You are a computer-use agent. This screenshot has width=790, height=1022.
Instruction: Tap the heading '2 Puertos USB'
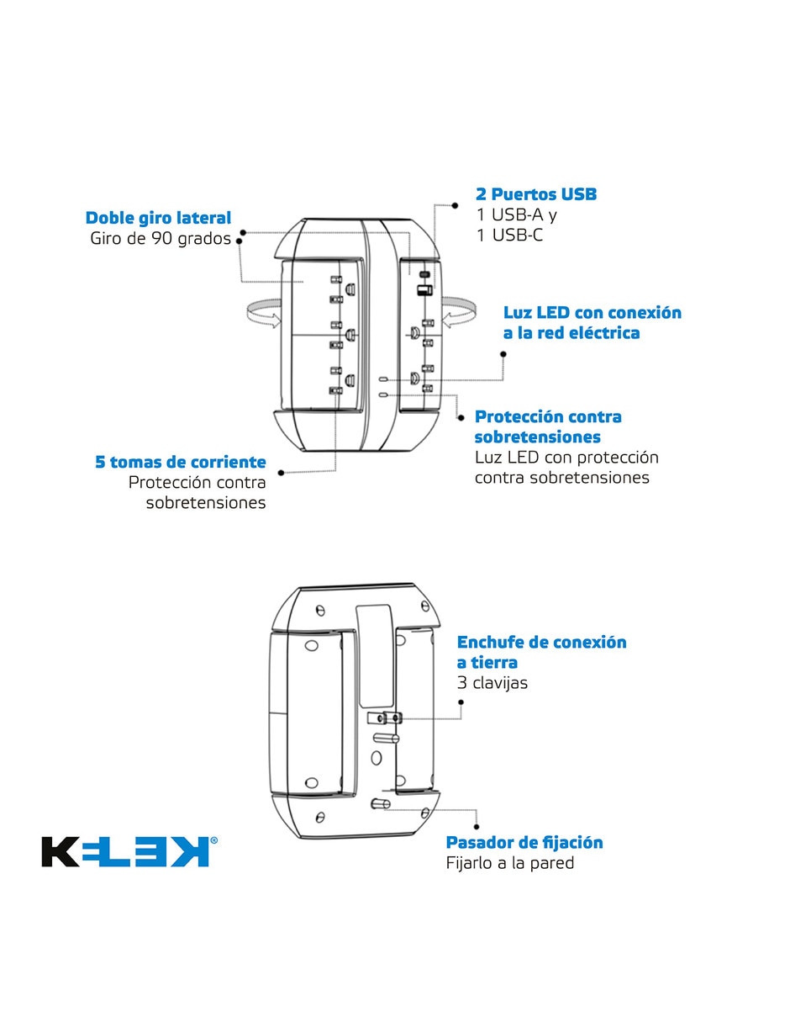(x=536, y=194)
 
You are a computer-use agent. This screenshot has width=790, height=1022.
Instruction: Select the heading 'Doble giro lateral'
(x=158, y=218)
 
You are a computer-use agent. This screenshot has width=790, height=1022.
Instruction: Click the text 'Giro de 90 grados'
(x=161, y=238)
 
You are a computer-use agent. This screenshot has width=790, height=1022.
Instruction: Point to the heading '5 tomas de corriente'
(x=181, y=462)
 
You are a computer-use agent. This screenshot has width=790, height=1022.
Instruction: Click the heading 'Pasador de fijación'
(x=524, y=842)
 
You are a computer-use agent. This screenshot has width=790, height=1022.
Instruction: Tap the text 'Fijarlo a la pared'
(x=510, y=862)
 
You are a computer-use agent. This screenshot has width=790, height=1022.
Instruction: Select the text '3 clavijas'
(x=492, y=682)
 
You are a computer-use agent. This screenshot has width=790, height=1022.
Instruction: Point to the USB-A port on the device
(x=424, y=290)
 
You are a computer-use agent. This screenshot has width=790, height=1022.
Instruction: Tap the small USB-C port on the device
(x=425, y=274)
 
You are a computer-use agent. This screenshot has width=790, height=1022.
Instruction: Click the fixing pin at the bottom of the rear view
(x=381, y=804)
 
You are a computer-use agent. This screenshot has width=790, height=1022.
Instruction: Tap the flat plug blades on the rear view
(x=385, y=718)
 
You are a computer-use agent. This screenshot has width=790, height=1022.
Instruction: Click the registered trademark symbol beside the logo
(x=213, y=840)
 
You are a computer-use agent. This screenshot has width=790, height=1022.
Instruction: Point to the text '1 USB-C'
(x=509, y=235)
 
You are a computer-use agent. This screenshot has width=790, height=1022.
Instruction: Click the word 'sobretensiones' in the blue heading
(x=537, y=437)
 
